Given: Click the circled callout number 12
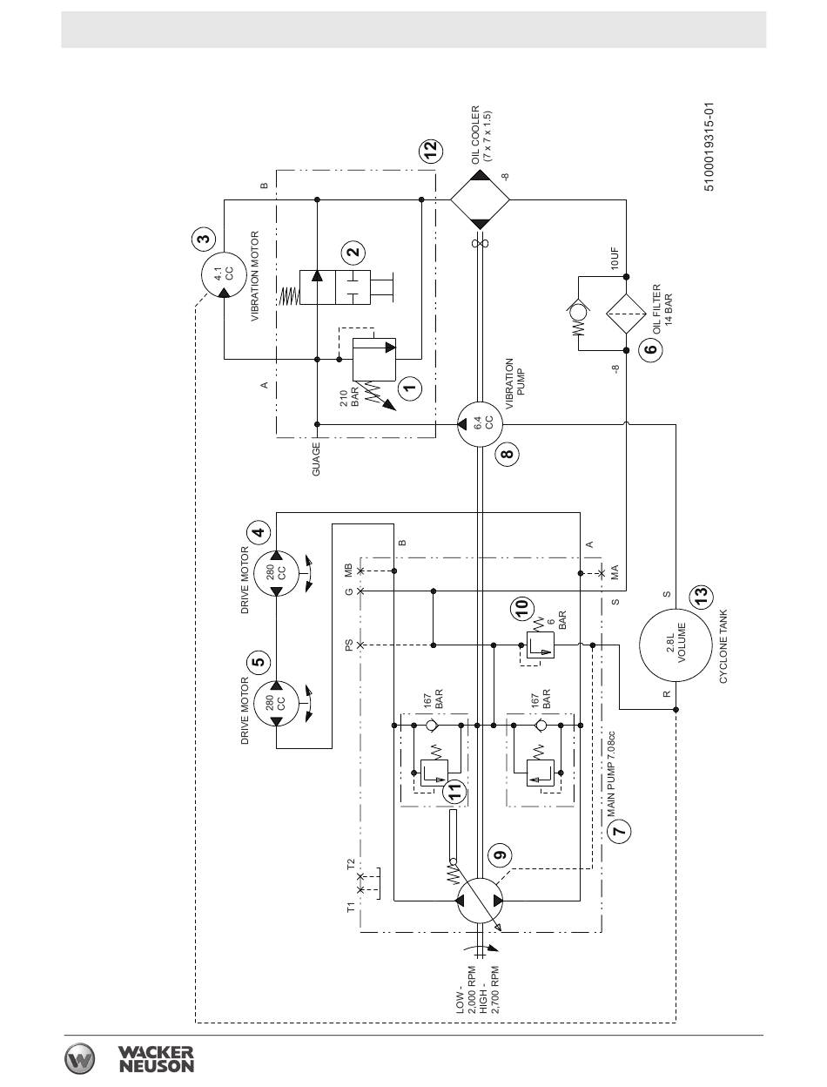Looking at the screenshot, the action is [x=430, y=149].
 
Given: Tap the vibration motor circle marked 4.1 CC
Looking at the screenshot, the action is [x=224, y=273].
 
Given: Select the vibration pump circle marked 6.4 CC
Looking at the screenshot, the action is [x=480, y=423].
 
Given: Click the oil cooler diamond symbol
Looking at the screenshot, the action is [x=480, y=200].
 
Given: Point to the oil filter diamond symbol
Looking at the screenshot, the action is [x=626, y=313].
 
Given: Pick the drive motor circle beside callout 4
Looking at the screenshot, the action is [x=277, y=573].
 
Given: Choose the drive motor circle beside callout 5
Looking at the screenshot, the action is [x=277, y=703].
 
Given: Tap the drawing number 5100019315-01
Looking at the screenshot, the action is [x=709, y=147].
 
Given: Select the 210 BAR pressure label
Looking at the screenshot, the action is [x=349, y=397].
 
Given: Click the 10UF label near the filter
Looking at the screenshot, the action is [x=615, y=258].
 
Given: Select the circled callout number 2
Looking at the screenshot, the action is [x=353, y=252].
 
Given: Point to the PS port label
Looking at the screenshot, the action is [x=349, y=645].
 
